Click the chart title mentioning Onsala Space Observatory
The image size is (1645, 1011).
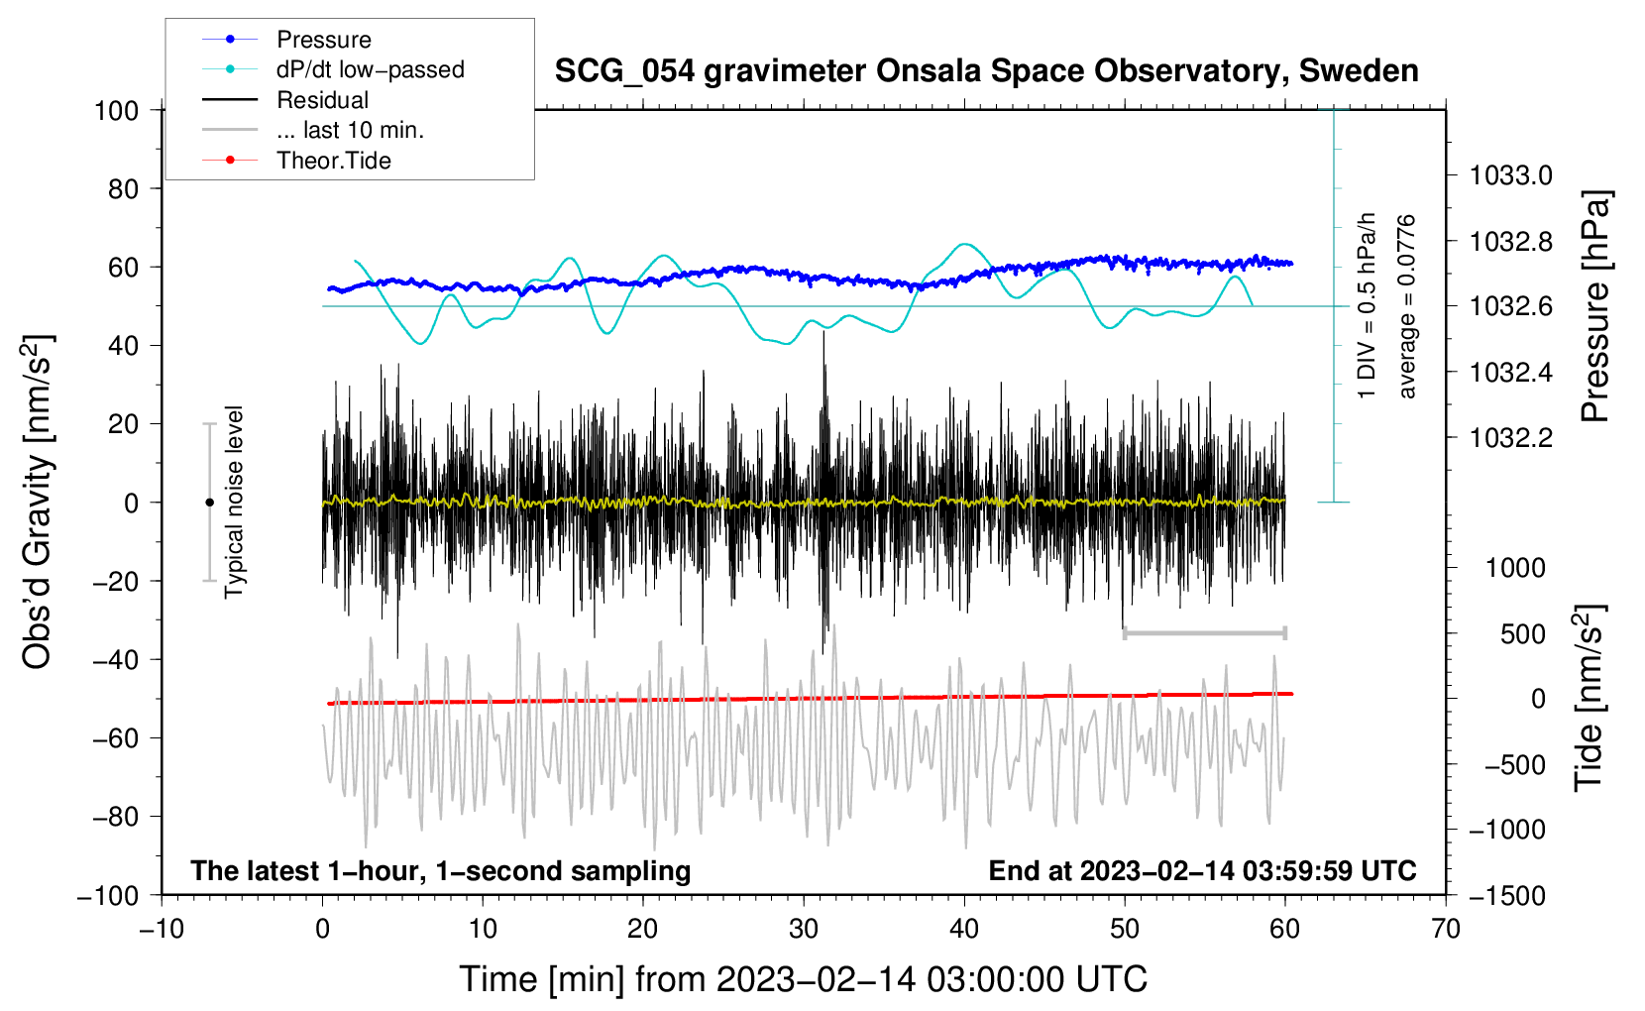click(x=986, y=71)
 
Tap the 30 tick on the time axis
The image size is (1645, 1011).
click(x=804, y=929)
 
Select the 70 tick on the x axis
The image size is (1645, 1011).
click(x=1446, y=929)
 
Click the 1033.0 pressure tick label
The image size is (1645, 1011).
click(x=1510, y=175)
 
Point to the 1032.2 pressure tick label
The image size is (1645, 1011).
click(x=1510, y=437)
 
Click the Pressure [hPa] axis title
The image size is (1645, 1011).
click(x=1594, y=307)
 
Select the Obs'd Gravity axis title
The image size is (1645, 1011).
click(x=37, y=502)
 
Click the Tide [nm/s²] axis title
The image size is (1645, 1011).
click(x=1589, y=699)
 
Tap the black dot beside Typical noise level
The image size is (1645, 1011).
click(x=209, y=503)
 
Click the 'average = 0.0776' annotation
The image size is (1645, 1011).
click(x=1407, y=307)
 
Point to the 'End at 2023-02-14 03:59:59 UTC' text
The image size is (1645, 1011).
click(x=1202, y=870)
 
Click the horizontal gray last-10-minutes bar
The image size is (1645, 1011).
click(x=1204, y=632)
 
